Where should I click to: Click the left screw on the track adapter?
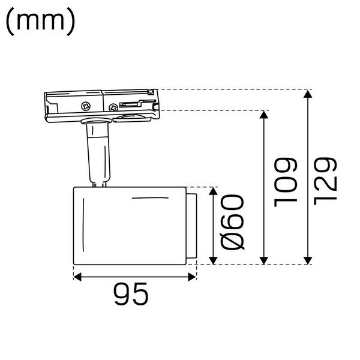(86, 106)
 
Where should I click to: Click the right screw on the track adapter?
(113, 107)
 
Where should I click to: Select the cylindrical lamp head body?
(129, 225)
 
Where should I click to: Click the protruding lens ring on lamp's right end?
(191, 226)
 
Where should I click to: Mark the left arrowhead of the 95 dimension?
(77, 277)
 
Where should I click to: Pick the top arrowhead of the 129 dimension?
(308, 94)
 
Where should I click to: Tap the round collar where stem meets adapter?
(95, 124)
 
